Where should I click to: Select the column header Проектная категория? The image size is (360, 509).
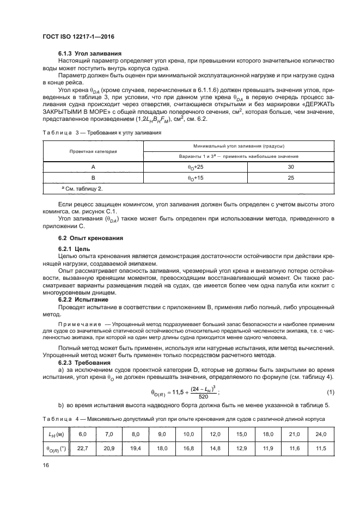click(93, 151)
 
